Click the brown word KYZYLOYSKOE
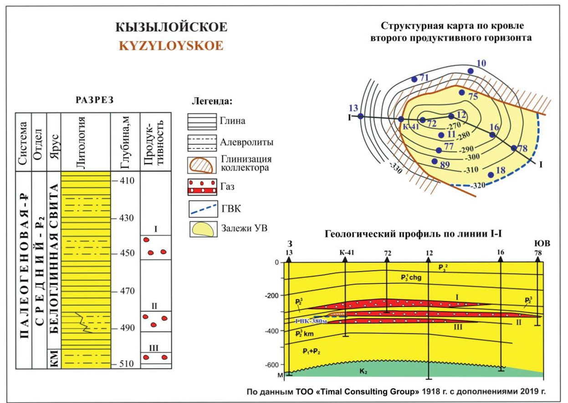click(x=171, y=46)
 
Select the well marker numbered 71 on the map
click(x=414, y=79)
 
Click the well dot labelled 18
click(x=491, y=175)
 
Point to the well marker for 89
click(x=435, y=161)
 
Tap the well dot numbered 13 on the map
click(x=361, y=116)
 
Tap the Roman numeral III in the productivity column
click(x=154, y=348)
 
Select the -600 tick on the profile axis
click(x=273, y=365)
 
